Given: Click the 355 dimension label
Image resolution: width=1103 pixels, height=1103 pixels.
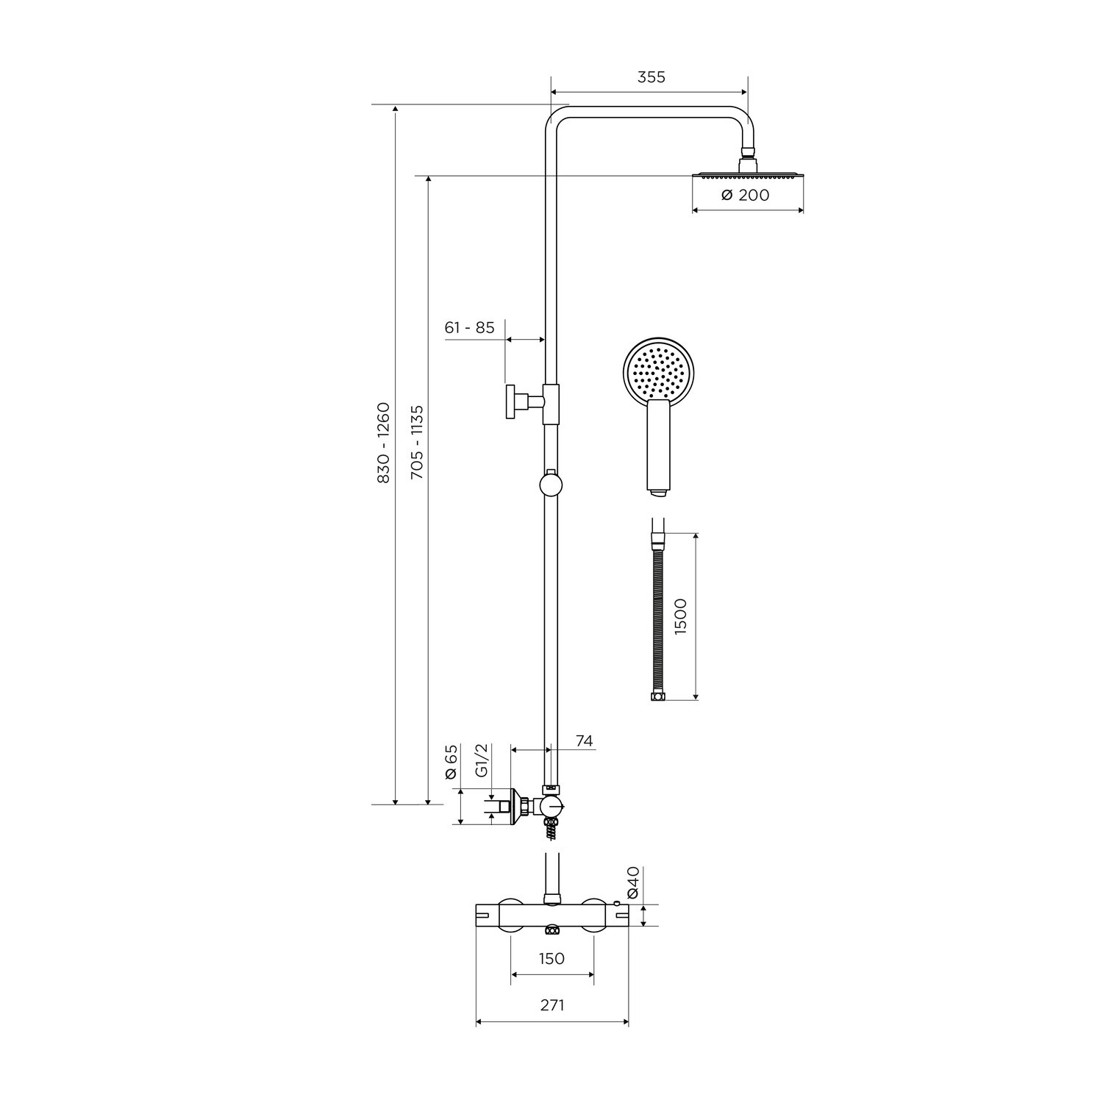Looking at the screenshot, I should coord(651,77).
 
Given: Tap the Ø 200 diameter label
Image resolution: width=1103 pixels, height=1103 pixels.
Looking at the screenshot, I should coord(745,195).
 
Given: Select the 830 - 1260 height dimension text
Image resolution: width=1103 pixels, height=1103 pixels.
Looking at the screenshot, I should coord(383,442).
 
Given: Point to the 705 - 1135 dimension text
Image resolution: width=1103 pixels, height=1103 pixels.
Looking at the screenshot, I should coord(417,442).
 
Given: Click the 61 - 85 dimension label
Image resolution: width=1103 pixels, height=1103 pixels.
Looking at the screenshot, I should coord(469,327).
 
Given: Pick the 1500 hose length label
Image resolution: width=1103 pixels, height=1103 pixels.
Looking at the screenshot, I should coord(680,616).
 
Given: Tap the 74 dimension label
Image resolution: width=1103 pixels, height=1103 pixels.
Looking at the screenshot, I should coord(584,740).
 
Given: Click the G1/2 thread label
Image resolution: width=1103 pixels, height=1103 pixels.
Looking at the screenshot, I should coord(482,760).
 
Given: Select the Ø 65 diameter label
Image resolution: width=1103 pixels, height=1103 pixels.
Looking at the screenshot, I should coord(451,762).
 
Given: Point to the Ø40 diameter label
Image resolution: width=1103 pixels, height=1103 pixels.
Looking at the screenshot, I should coord(632,882).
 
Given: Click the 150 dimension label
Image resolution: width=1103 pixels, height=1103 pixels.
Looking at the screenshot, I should coord(551,958).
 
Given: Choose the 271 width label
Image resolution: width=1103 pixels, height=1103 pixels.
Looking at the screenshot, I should coord(552,1004).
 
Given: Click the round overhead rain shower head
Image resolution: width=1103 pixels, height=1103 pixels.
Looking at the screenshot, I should coord(748,175).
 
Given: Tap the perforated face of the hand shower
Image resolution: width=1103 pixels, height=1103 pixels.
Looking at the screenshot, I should coord(659,371).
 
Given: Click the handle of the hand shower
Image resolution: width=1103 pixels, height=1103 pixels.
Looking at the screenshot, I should coord(658,449).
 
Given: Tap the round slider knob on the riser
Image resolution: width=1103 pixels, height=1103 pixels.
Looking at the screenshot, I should coord(550,484).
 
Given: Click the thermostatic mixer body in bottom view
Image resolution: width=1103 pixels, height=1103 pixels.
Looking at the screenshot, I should coord(551,916).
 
